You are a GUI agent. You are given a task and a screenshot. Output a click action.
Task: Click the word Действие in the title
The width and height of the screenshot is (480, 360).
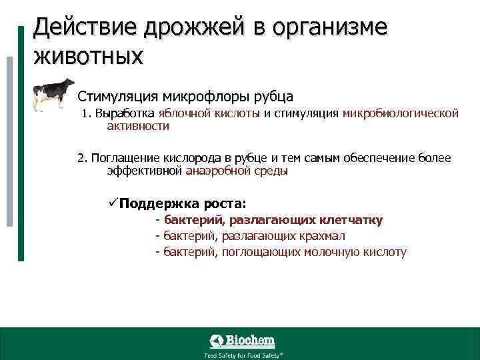tap(73, 28)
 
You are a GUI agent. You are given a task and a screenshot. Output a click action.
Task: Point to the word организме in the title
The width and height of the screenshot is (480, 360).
tap(326, 28)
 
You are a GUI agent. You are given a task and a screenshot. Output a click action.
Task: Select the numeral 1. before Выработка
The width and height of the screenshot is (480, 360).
tap(87, 114)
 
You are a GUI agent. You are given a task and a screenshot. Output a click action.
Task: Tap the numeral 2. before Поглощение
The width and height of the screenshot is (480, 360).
tap(82, 159)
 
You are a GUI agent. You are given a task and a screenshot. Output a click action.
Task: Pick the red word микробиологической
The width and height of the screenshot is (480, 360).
tap(401, 114)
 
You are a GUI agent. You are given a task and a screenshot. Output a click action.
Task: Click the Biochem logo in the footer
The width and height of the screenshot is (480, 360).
tap(243, 341)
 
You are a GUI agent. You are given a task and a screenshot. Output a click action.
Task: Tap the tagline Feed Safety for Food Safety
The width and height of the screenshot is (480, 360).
tap(243, 355)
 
